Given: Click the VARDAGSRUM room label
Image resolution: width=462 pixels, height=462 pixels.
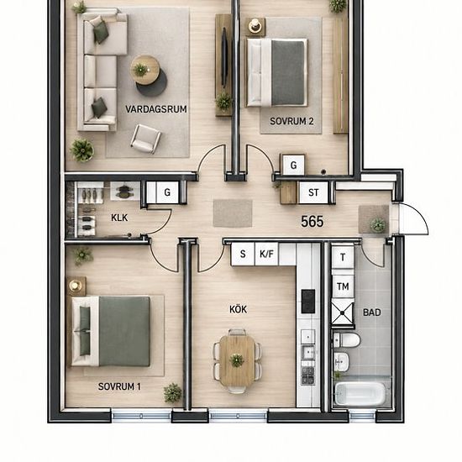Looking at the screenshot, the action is (x=156, y=109).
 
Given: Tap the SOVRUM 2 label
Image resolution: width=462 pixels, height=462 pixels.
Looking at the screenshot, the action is (x=291, y=121).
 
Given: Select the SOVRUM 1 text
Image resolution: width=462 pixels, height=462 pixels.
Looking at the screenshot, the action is (x=119, y=386).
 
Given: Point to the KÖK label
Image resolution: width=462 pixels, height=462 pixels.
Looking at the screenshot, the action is (x=238, y=309).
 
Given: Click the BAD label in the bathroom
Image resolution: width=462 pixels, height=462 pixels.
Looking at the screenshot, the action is (x=372, y=312).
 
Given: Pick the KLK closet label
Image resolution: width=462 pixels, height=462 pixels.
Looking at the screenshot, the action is (x=119, y=218).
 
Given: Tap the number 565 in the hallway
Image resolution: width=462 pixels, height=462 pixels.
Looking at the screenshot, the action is (x=312, y=222).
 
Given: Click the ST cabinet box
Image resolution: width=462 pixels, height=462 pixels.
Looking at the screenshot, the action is (x=313, y=192).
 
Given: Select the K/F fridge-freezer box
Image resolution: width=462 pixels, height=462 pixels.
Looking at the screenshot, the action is (x=266, y=254).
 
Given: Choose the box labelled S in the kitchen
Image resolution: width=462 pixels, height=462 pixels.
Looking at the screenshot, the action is (x=243, y=254).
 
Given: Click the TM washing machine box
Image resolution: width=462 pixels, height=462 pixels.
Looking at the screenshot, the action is (x=343, y=286).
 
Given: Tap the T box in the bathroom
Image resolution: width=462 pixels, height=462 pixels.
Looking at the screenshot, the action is (x=343, y=257).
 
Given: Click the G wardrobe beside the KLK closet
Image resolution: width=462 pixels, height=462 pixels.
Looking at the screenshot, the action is (x=167, y=192).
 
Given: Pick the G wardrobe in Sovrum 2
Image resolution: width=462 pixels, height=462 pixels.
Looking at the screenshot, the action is (x=293, y=165).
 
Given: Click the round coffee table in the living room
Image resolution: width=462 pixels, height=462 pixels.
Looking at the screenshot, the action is (x=145, y=70).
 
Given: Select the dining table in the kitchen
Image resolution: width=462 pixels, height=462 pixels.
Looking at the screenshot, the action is (x=237, y=360).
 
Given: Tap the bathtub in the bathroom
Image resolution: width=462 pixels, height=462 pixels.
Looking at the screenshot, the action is (x=360, y=394).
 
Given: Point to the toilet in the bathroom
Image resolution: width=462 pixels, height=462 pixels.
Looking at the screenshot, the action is (x=346, y=340).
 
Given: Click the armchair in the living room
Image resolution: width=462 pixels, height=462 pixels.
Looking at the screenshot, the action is (x=145, y=139).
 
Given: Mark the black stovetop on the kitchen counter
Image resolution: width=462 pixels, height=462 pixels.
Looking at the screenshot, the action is (x=308, y=301).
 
